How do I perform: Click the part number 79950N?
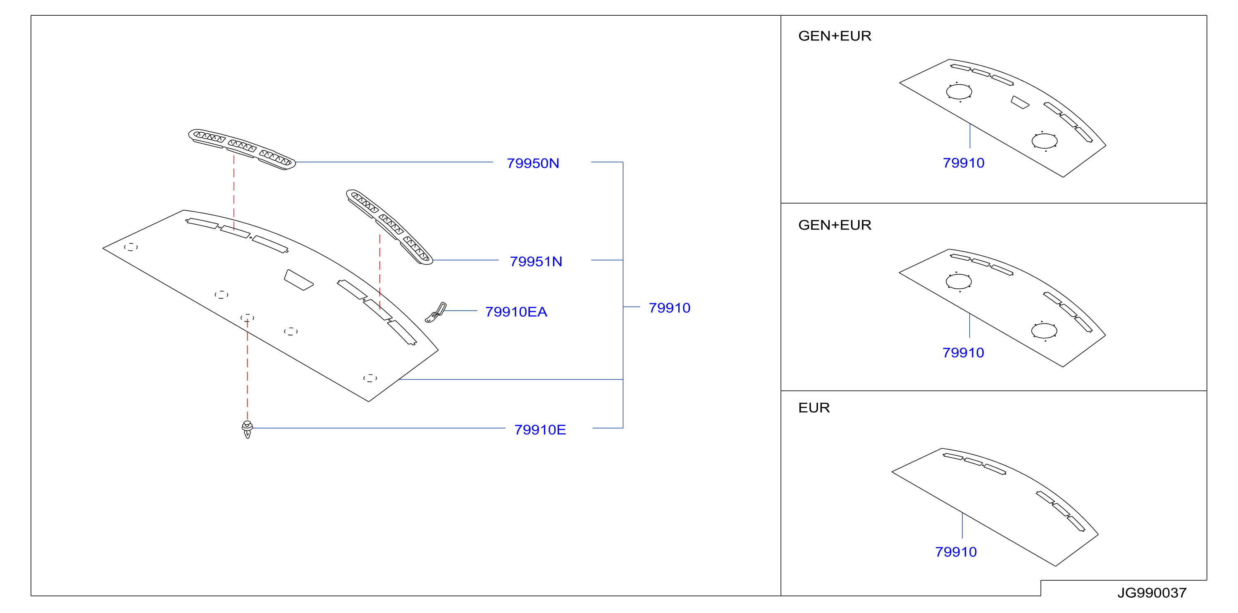pos(532,163)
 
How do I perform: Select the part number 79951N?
pos(536,261)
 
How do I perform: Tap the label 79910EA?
pos(516,312)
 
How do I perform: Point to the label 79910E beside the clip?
pos(540,430)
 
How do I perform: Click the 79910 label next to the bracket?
pos(670,307)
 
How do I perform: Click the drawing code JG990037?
pos(1152,593)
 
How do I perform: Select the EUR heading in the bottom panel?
pos(814,408)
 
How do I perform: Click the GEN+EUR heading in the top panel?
pos(835,36)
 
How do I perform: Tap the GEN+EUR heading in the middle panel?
pos(835,225)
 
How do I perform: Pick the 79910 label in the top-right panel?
pos(964,163)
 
